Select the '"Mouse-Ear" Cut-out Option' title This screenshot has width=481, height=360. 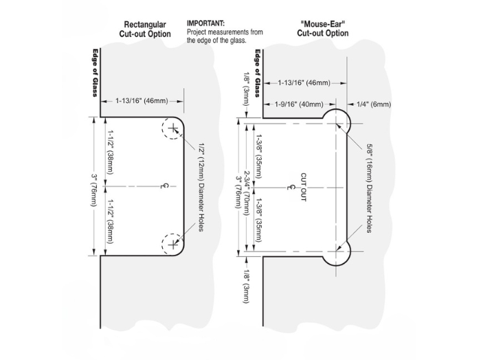[322, 29]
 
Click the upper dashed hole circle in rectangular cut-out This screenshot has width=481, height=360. [172, 128]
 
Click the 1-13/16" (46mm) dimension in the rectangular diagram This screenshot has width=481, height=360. [142, 101]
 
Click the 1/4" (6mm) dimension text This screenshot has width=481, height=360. [374, 104]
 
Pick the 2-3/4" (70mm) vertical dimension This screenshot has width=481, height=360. [248, 186]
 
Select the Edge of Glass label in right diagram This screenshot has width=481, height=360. [257, 73]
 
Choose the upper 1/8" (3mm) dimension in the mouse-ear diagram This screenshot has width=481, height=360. [246, 88]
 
